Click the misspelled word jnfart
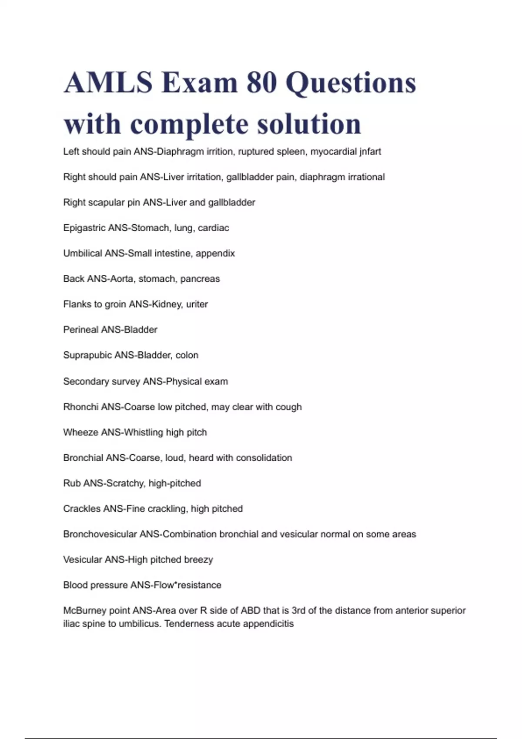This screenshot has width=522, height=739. click(370, 152)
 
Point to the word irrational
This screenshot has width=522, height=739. click(366, 177)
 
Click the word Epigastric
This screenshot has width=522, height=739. click(84, 228)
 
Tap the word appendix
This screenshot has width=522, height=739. click(215, 253)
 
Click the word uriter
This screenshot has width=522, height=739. click(197, 304)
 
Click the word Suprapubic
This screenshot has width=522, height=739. click(87, 355)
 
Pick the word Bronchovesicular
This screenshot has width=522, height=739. click(100, 534)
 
